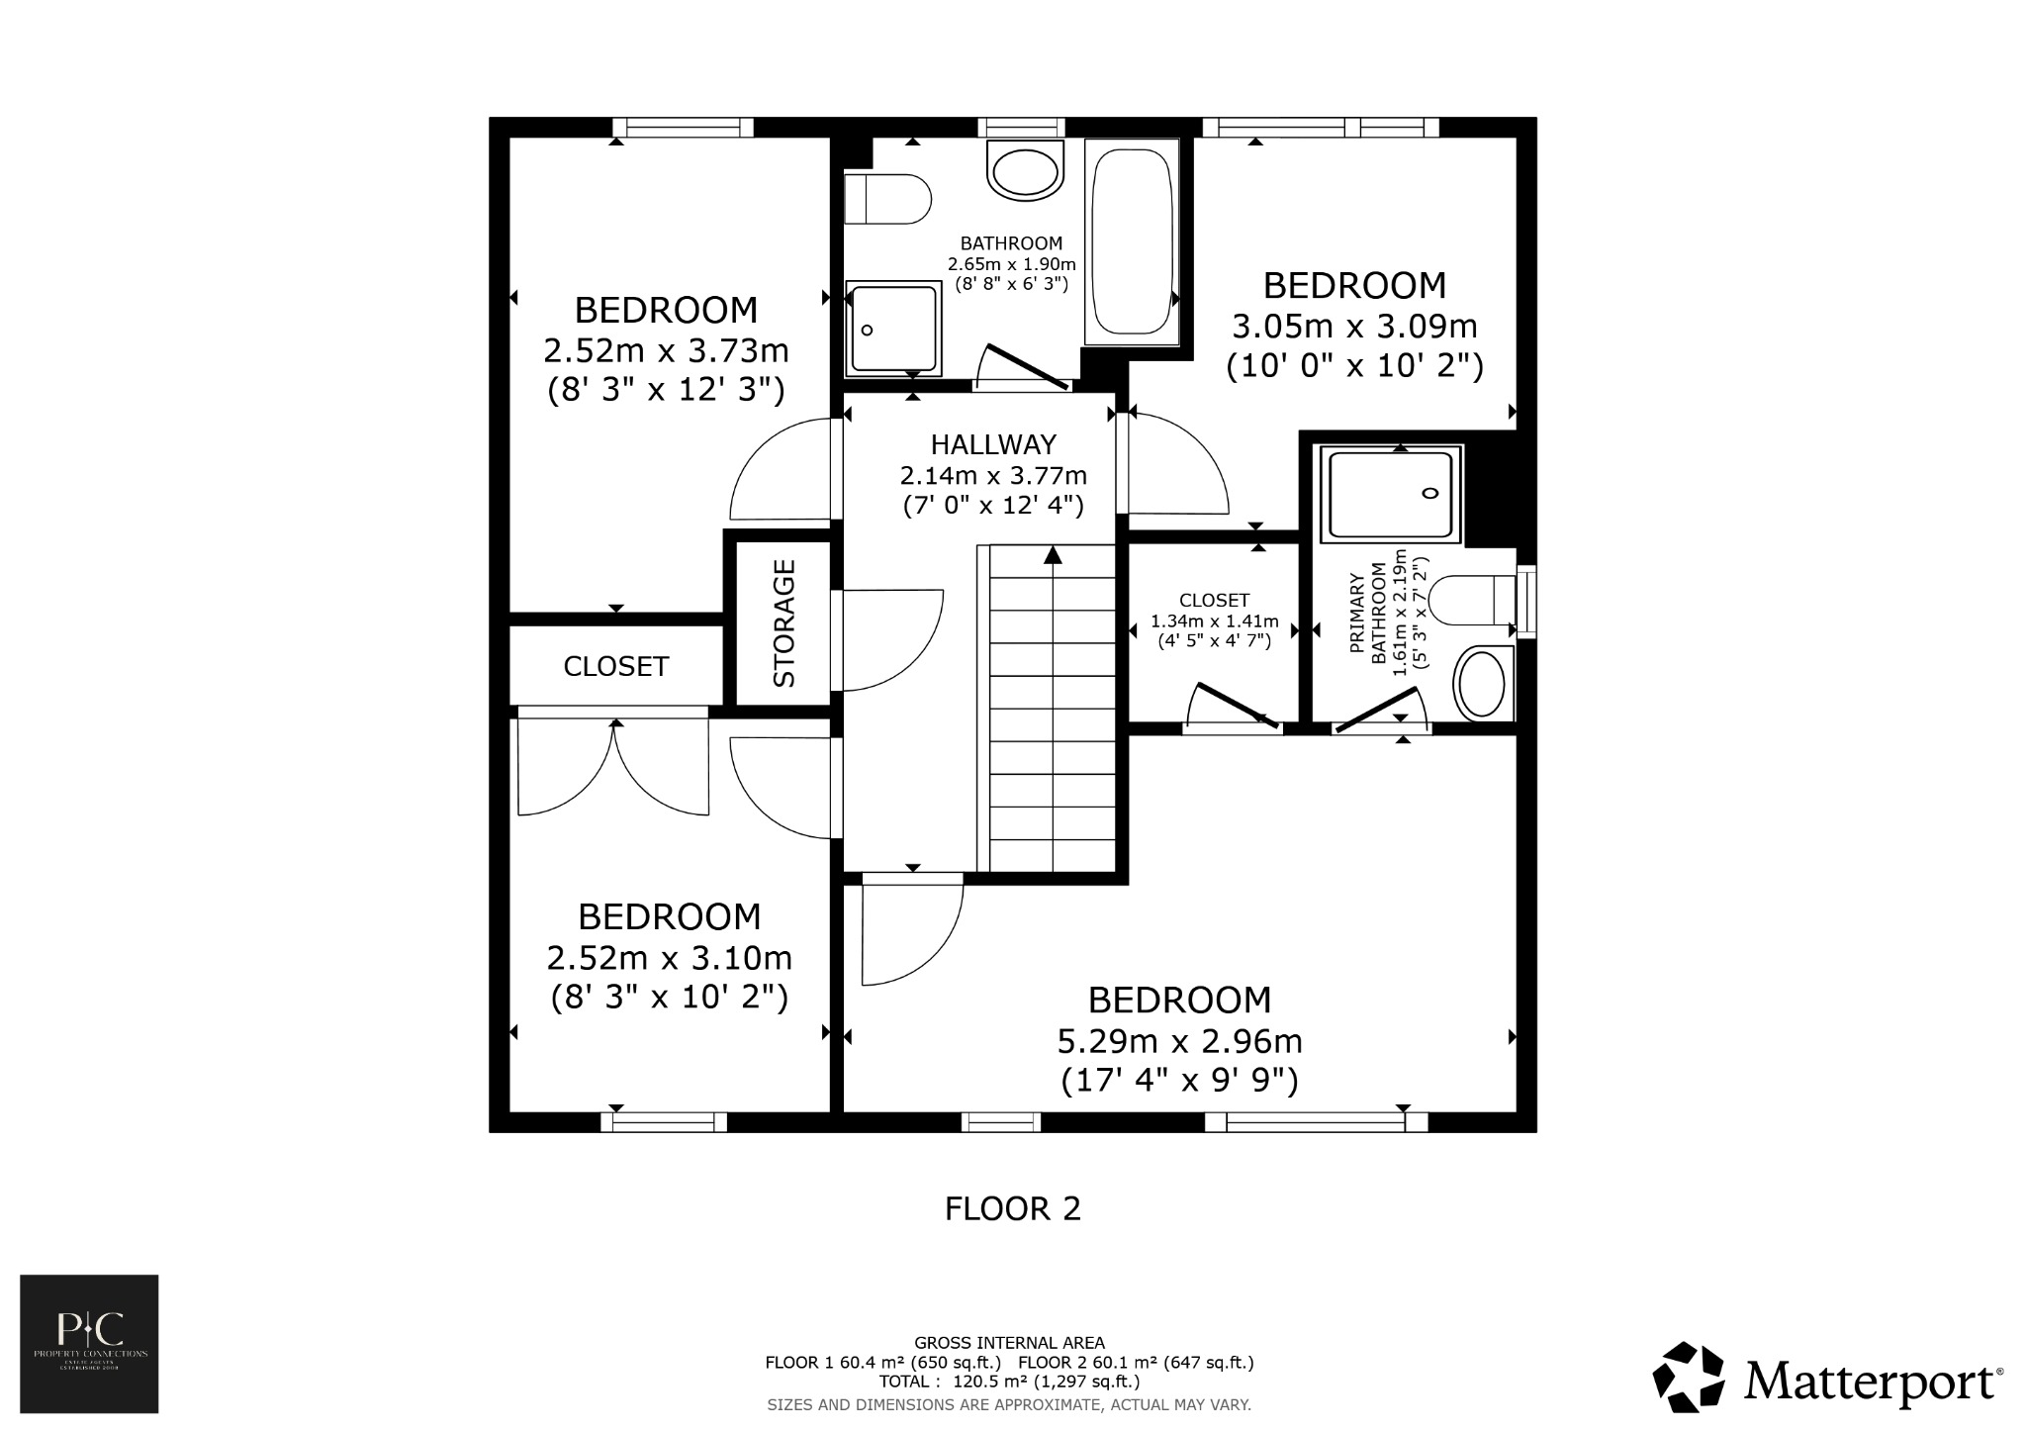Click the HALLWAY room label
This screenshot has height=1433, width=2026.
click(x=993, y=444)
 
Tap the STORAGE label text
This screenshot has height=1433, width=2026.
click(x=784, y=622)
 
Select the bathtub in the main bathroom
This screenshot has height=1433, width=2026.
click(x=1132, y=241)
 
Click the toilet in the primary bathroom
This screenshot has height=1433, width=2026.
click(x=1472, y=601)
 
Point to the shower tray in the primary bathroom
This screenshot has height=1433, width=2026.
click(x=1391, y=494)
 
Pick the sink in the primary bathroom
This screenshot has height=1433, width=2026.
click(x=1482, y=683)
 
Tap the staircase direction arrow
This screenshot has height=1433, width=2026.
click(x=1053, y=556)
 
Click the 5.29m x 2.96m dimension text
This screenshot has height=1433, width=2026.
click(x=1179, y=1042)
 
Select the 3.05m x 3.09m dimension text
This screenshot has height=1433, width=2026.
click(x=1354, y=327)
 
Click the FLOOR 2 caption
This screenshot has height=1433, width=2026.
click(x=1012, y=1209)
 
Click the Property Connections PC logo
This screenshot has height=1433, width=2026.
click(x=89, y=1343)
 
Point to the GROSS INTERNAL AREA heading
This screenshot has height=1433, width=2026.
click(x=1009, y=1343)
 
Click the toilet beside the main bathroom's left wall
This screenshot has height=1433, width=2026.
click(x=887, y=199)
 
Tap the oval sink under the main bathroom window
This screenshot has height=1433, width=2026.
click(x=1025, y=171)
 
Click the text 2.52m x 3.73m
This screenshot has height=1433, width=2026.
click(x=666, y=350)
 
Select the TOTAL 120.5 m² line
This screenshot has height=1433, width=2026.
click(x=1009, y=1382)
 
